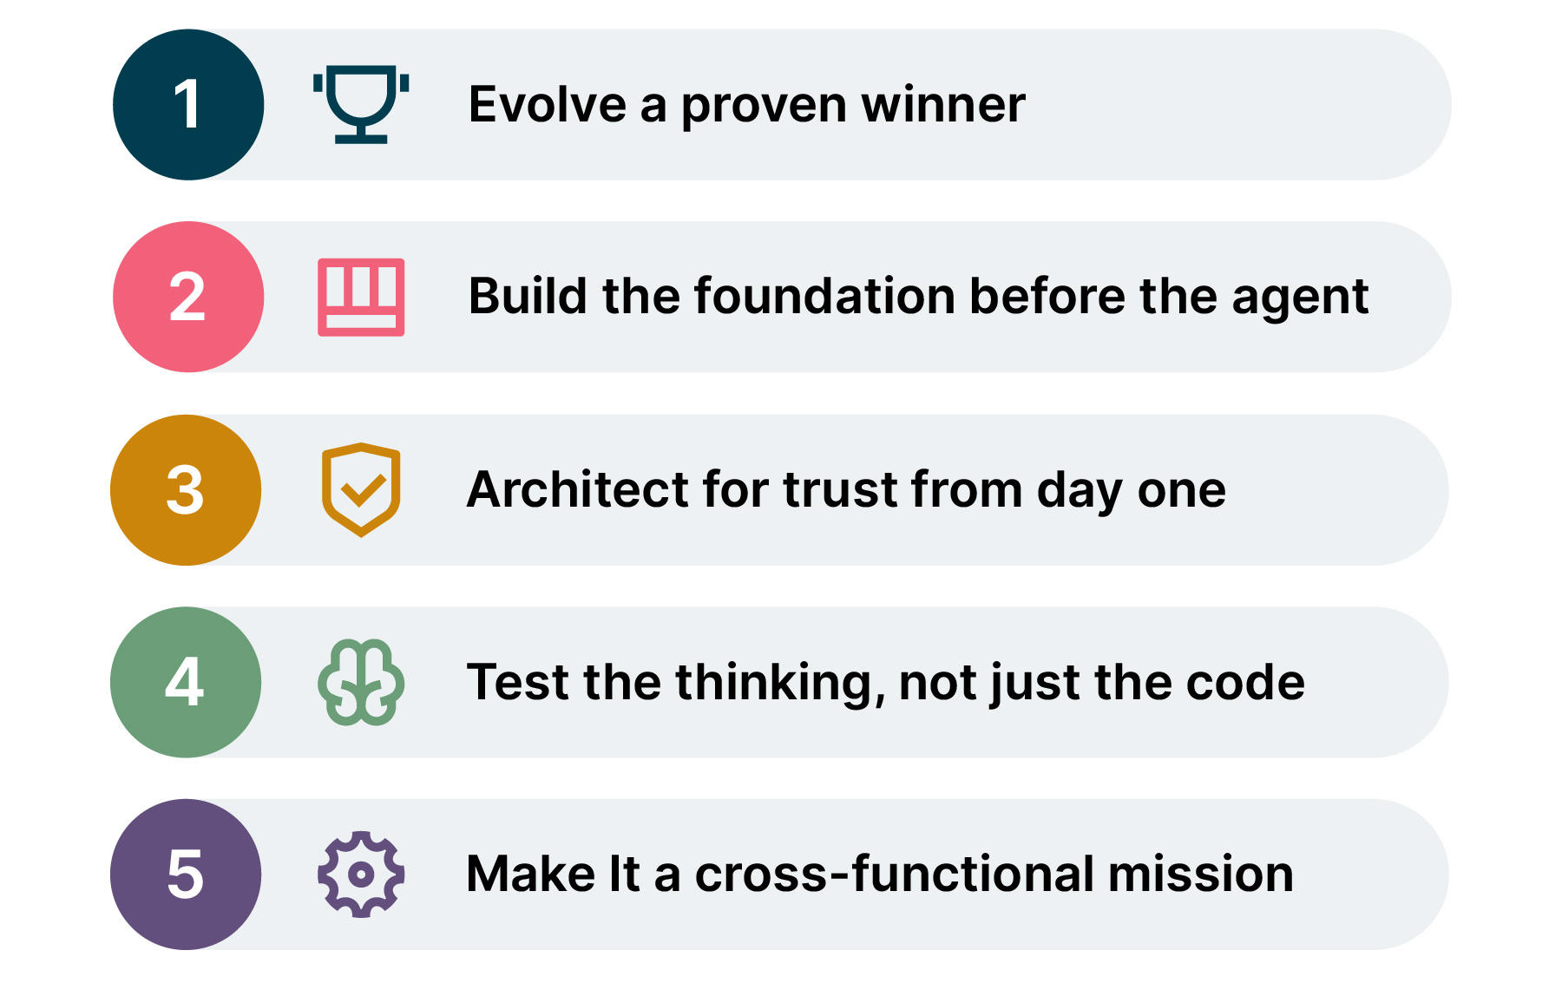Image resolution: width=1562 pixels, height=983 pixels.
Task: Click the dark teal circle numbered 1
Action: tap(188, 105)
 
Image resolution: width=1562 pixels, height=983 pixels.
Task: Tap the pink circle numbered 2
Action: tap(188, 297)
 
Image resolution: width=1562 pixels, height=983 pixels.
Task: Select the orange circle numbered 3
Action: tap(186, 490)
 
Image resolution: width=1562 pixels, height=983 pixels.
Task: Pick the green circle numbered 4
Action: tap(186, 682)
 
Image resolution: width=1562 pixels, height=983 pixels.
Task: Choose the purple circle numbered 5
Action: tap(186, 875)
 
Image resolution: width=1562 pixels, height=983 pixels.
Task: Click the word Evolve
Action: tap(548, 105)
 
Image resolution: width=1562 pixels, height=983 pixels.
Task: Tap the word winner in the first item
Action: tap(943, 105)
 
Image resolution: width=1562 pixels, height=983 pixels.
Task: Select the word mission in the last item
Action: tap(1201, 874)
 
